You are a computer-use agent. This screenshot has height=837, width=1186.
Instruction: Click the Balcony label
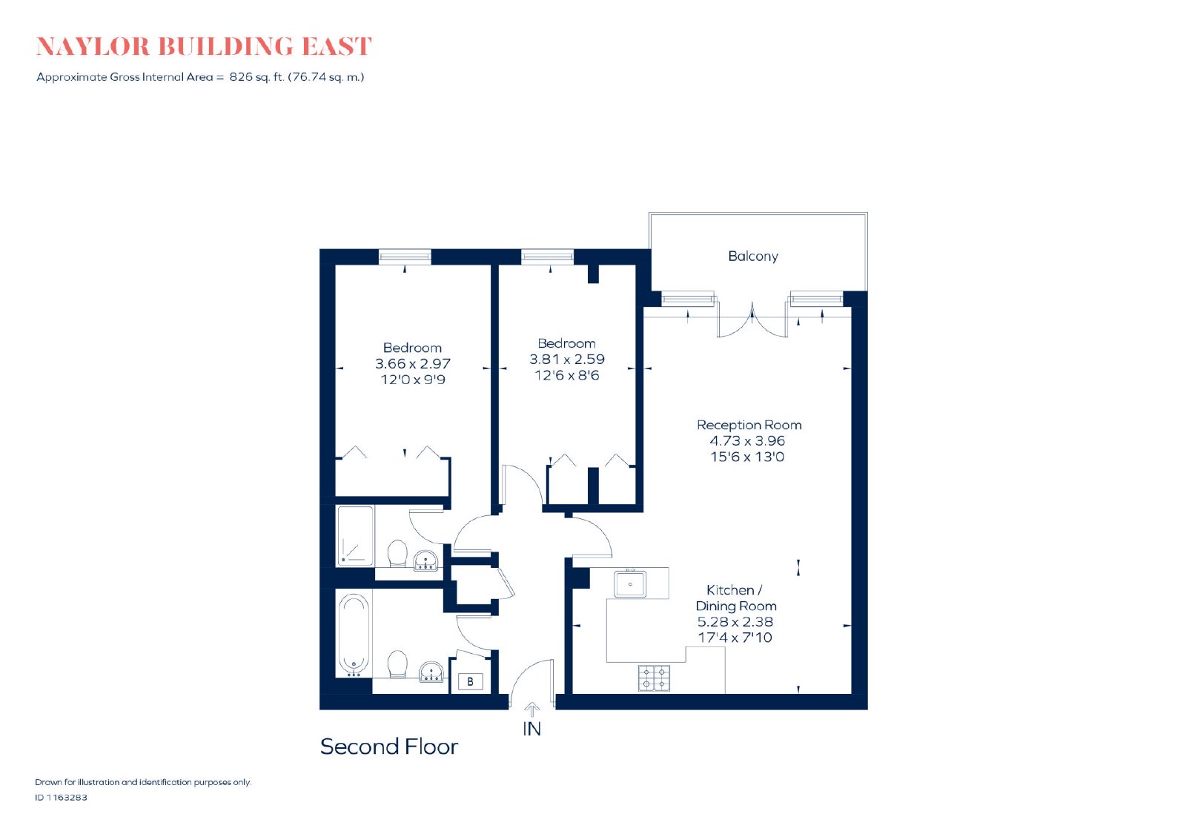[752, 257]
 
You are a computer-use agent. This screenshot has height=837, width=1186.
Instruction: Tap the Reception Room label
[749, 425]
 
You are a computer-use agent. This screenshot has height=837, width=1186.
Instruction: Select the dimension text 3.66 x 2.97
[412, 364]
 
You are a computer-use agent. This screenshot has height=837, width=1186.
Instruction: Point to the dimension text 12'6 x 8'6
[566, 375]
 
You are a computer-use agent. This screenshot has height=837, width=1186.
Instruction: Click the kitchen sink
[630, 584]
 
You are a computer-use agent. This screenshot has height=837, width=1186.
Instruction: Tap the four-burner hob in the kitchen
[655, 678]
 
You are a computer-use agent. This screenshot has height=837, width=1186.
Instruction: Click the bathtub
[354, 634]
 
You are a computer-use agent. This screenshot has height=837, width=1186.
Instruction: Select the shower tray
[355, 535]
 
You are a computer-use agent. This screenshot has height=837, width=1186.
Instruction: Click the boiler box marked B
[470, 681]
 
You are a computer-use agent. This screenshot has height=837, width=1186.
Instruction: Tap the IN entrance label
[531, 729]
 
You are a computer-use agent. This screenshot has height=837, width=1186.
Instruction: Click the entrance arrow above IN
[531, 710]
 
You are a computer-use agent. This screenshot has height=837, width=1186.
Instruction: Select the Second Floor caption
[388, 747]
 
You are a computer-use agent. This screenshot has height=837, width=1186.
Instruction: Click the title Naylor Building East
[205, 46]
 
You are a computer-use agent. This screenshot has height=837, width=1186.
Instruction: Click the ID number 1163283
[67, 797]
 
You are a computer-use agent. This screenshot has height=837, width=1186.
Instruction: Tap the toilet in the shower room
[397, 553]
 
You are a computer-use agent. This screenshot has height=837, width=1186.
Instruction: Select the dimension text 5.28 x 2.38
[735, 621]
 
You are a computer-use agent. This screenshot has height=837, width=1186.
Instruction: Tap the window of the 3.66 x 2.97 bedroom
[405, 257]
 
